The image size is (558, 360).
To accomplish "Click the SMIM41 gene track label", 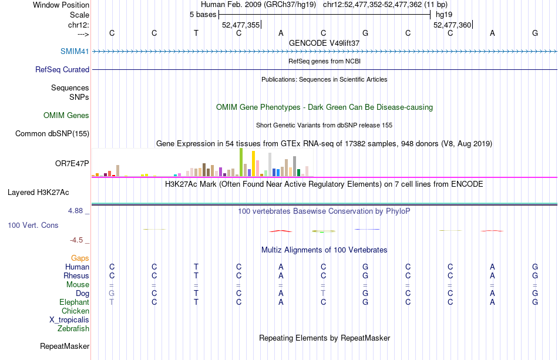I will pos(75,51).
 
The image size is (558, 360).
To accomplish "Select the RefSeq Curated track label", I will pos(62,69).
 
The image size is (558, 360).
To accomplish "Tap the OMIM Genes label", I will pos(66,116).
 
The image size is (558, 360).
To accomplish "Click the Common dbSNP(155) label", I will pos(52,133).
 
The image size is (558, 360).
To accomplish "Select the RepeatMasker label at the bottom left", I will pos(65,346).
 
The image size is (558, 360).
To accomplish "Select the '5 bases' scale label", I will pos(203,15).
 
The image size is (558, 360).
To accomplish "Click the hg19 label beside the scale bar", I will pos(443,15).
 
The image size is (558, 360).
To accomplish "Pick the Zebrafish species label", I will pos(73,329).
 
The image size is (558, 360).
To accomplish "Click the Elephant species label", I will pos(75,302).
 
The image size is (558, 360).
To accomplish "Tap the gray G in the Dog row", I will pos(112,293).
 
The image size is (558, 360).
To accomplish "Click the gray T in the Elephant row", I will pos(112,302).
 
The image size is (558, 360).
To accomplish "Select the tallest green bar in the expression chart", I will pos(241,162).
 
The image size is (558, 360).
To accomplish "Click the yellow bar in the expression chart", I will pos(253,163).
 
